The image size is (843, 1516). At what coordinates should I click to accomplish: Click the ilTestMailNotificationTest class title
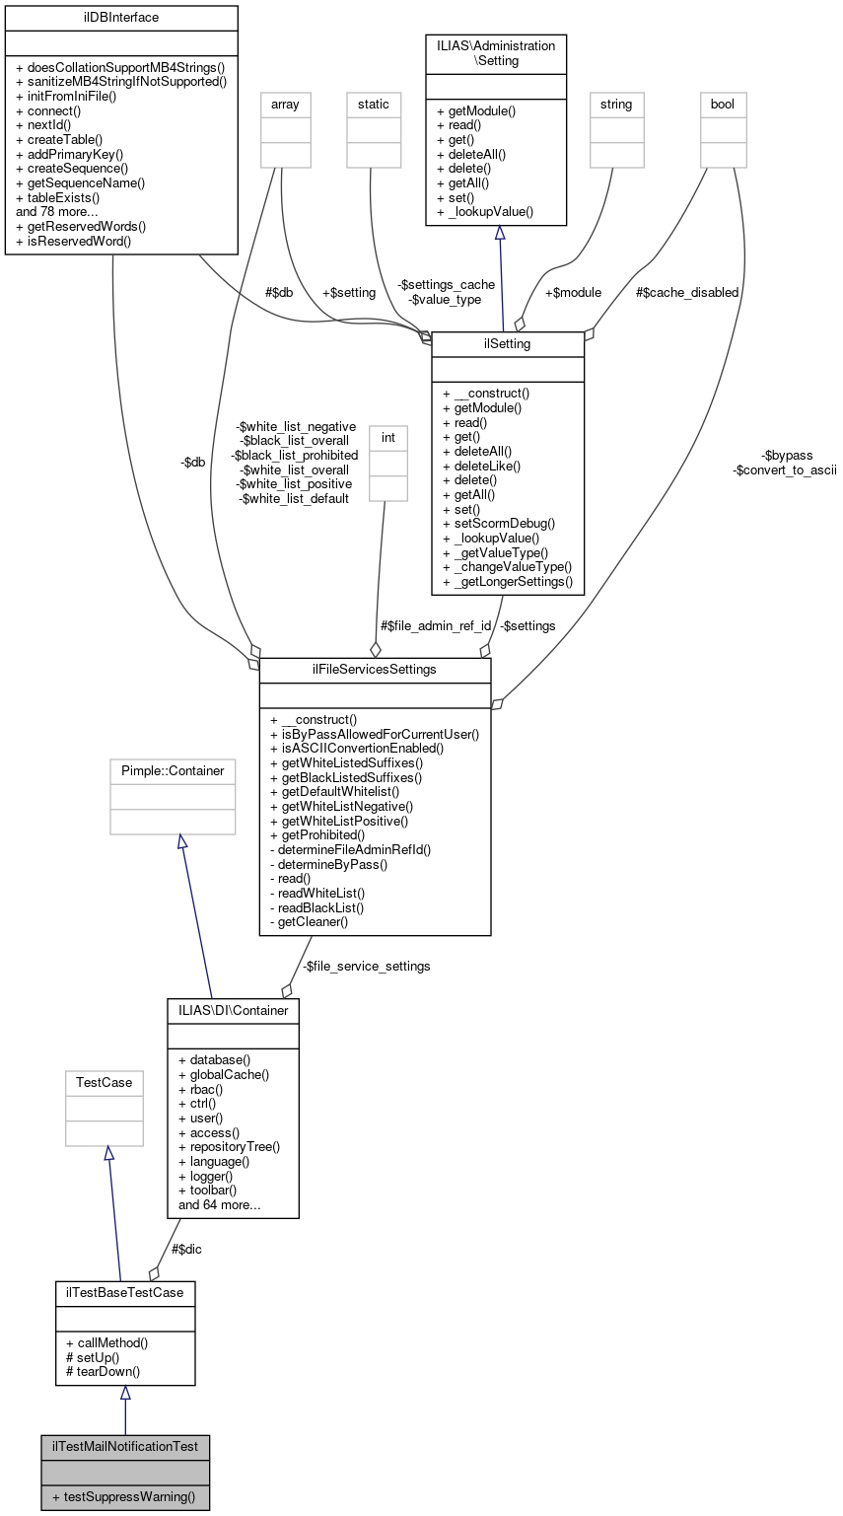tap(124, 1446)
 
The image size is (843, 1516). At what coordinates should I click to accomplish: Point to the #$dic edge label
tap(186, 1249)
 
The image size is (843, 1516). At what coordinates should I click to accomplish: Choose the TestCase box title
tap(104, 1082)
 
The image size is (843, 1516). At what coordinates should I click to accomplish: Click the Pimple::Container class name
tap(173, 770)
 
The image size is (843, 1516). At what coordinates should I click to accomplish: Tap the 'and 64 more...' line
tap(219, 1204)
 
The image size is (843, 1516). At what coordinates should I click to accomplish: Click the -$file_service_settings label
tap(366, 966)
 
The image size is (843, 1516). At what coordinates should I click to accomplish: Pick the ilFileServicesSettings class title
tap(375, 669)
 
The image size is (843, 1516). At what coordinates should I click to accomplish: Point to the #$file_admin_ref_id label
tap(435, 625)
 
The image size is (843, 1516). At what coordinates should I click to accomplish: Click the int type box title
tap(387, 435)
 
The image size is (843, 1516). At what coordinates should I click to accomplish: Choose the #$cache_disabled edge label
tap(686, 292)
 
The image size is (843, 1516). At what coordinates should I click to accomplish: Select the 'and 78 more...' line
tap(56, 211)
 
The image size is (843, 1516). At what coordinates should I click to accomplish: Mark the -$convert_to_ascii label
tap(785, 470)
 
